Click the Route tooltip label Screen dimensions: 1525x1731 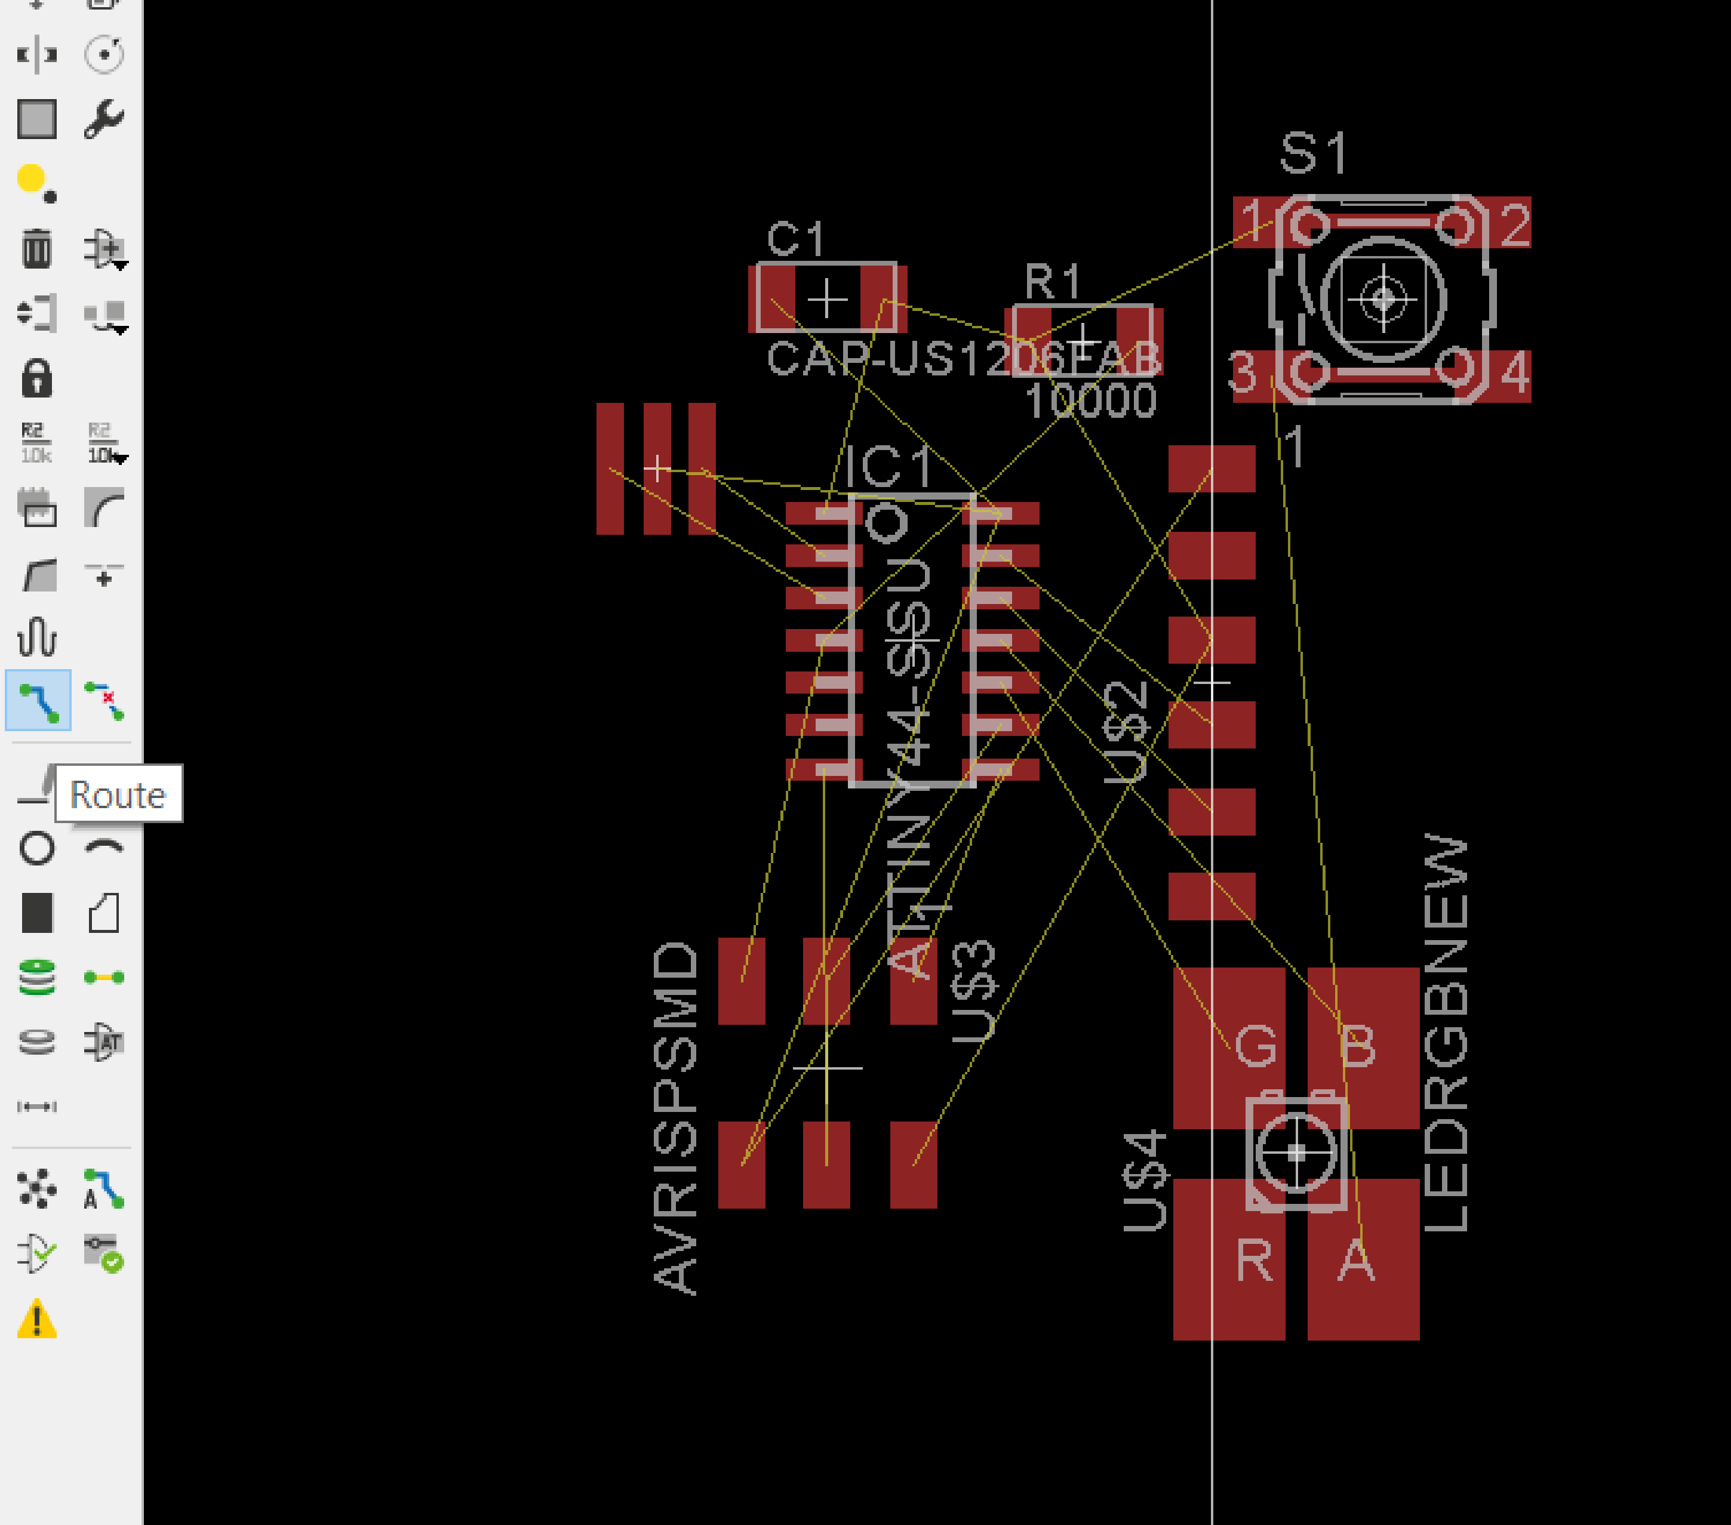click(118, 794)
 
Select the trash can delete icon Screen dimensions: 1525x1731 click(36, 248)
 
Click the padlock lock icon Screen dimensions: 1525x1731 click(36, 378)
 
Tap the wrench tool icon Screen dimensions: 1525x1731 click(104, 119)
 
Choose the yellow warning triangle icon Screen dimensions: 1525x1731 click(36, 1319)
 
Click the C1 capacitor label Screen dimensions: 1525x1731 click(795, 239)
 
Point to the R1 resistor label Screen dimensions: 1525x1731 click(1053, 281)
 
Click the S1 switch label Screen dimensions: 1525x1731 click(1312, 154)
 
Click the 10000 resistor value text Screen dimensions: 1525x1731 click(1090, 400)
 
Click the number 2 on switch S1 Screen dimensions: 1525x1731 click(1515, 225)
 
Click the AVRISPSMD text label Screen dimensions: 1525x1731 click(676, 1118)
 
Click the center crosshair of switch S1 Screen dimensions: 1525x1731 click(1383, 299)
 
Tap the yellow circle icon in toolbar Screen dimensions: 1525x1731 click(31, 178)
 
